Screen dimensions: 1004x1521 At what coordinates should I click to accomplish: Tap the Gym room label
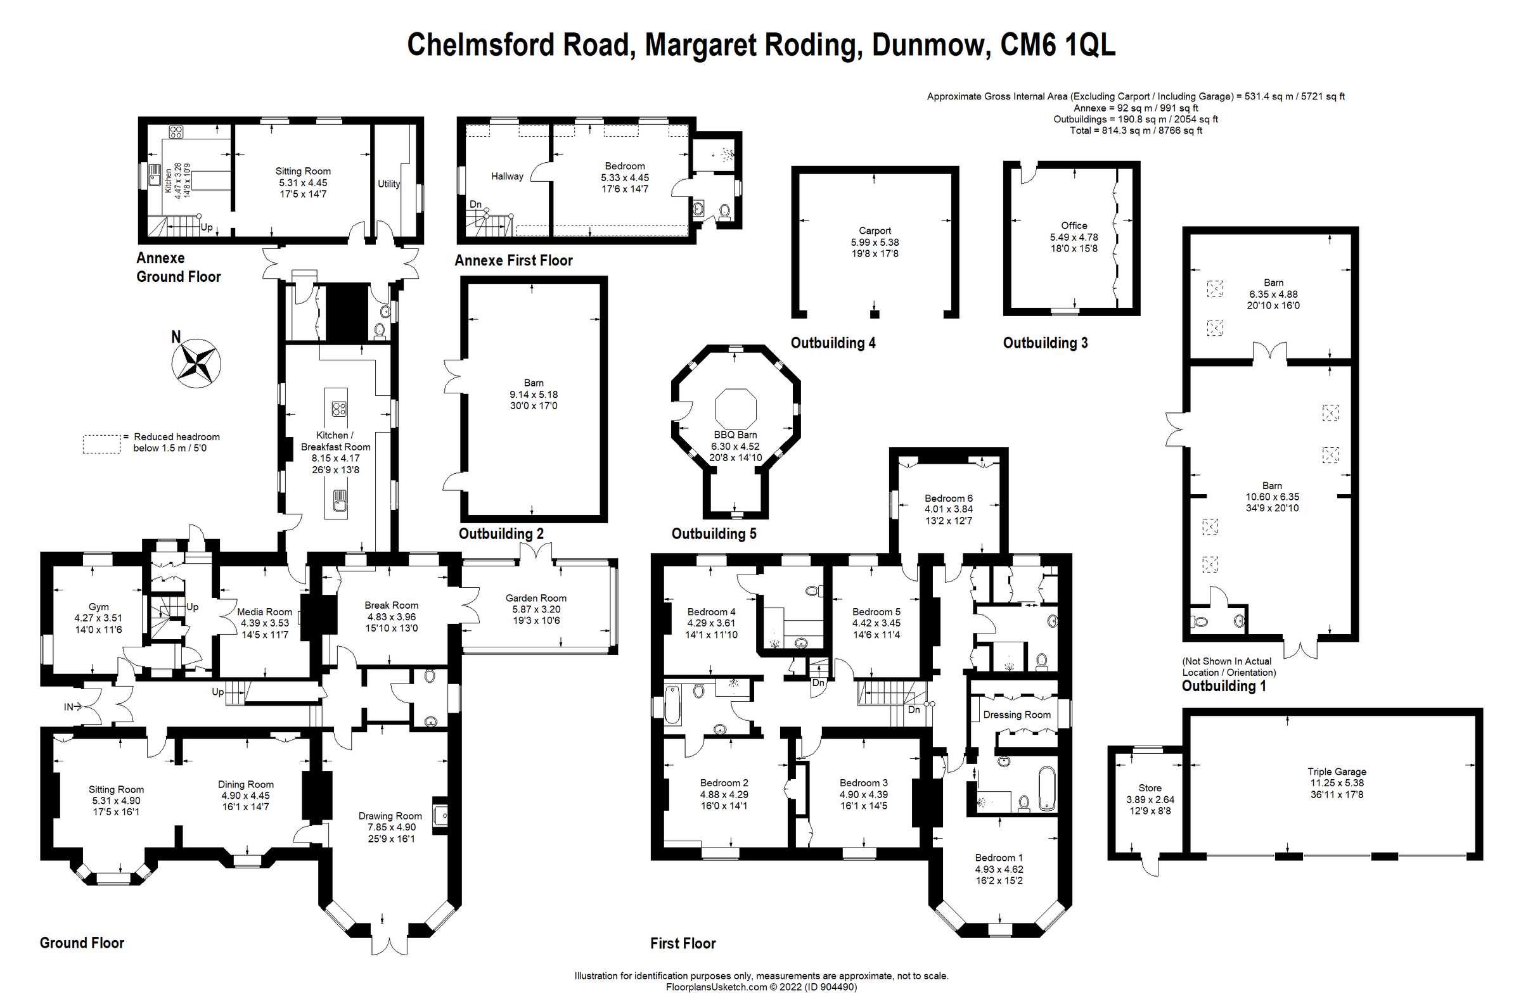pyautogui.click(x=98, y=606)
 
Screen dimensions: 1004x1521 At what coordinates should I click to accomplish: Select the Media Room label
pyautogui.click(x=264, y=611)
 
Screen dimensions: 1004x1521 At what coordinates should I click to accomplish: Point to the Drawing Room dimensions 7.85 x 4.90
pyautogui.click(x=390, y=827)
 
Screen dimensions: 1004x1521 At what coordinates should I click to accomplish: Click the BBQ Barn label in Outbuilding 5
pyautogui.click(x=735, y=434)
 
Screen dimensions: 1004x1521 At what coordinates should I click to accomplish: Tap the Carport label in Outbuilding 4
pyautogui.click(x=874, y=231)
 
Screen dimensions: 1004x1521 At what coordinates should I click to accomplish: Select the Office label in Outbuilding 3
pyautogui.click(x=1074, y=226)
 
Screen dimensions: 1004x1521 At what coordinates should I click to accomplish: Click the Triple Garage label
pyautogui.click(x=1337, y=772)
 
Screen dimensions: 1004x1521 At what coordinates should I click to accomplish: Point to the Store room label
pyautogui.click(x=1150, y=787)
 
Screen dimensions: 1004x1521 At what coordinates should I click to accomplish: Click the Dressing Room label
pyautogui.click(x=1017, y=715)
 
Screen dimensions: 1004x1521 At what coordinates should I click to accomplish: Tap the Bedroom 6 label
pyautogui.click(x=948, y=498)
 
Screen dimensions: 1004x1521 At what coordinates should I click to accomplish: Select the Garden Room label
pyautogui.click(x=536, y=598)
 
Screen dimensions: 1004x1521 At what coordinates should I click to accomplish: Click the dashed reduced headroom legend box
pyautogui.click(x=101, y=444)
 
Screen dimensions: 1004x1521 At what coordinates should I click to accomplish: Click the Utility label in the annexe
pyautogui.click(x=388, y=184)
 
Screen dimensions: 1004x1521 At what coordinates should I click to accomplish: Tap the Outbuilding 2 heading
pyautogui.click(x=501, y=533)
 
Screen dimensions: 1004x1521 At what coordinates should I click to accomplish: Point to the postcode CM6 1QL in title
pyautogui.click(x=1057, y=45)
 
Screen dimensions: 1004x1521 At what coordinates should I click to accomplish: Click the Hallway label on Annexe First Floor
pyautogui.click(x=506, y=176)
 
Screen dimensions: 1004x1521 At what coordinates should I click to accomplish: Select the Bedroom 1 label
pyautogui.click(x=998, y=858)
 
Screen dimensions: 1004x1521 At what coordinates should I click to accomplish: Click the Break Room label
pyautogui.click(x=391, y=605)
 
